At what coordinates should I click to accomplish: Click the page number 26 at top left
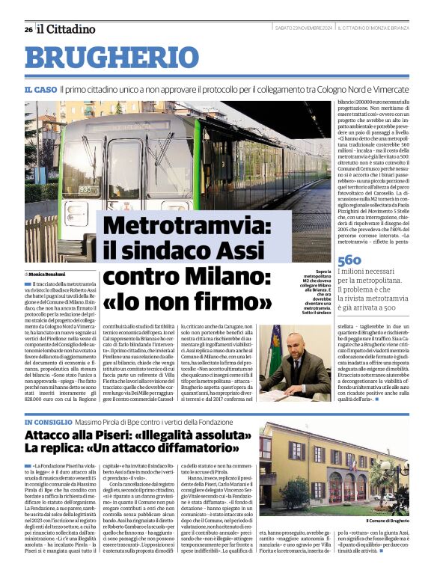(28, 30)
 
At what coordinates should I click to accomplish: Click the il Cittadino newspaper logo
(67, 29)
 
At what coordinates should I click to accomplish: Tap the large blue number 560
(349, 259)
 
